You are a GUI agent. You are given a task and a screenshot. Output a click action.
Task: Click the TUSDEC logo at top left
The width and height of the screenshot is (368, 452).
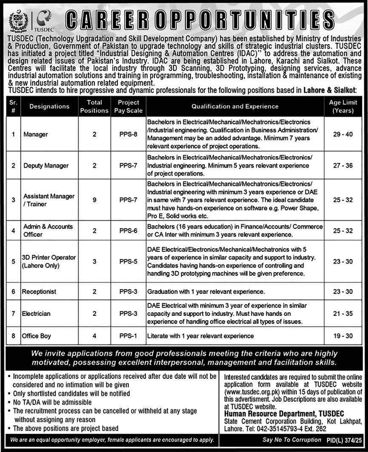[44, 20]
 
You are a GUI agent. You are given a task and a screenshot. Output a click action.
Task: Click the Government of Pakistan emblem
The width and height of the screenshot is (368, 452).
[18, 20]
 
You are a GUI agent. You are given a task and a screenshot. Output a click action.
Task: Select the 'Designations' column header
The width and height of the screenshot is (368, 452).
[49, 106]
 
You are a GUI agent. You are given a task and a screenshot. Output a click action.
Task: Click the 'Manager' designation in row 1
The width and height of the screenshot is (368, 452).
[36, 134]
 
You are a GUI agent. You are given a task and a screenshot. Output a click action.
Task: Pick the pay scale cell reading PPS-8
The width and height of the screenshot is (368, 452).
[128, 134]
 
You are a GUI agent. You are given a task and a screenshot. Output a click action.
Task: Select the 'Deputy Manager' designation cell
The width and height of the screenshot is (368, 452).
[46, 165]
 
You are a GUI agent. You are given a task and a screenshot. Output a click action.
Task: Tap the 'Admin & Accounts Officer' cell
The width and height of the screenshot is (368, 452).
[48, 230]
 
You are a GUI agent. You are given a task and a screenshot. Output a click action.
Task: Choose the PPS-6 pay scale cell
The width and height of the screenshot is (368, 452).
[128, 230]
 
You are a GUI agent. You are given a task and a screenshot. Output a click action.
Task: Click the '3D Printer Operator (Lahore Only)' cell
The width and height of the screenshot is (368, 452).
[49, 262]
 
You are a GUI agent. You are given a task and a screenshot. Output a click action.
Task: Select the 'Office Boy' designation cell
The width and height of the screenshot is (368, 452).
[37, 336]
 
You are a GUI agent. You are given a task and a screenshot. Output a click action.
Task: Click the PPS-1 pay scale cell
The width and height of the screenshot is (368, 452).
[128, 336]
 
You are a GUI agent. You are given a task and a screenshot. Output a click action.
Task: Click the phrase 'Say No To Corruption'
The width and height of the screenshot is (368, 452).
[292, 440]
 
